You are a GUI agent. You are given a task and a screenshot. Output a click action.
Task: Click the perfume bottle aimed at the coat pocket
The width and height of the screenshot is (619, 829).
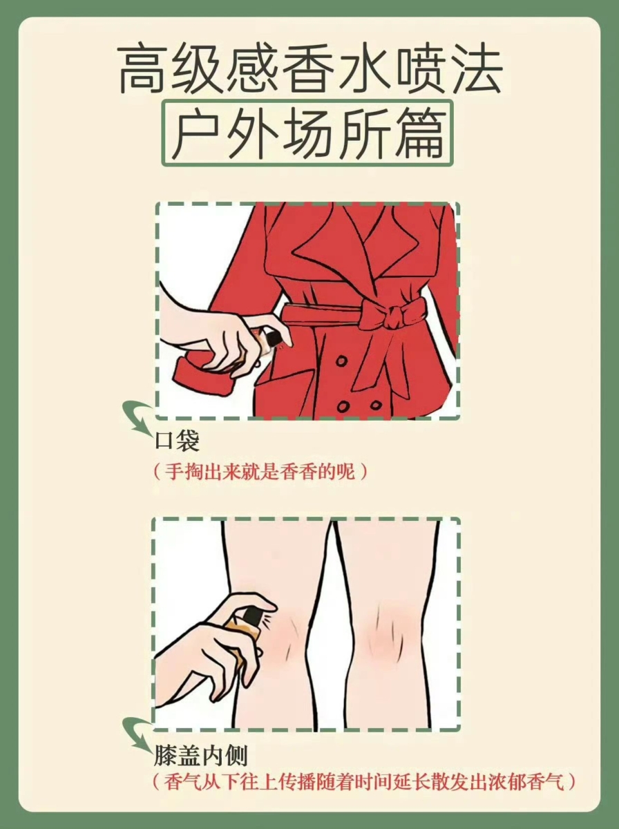point(272,340)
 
